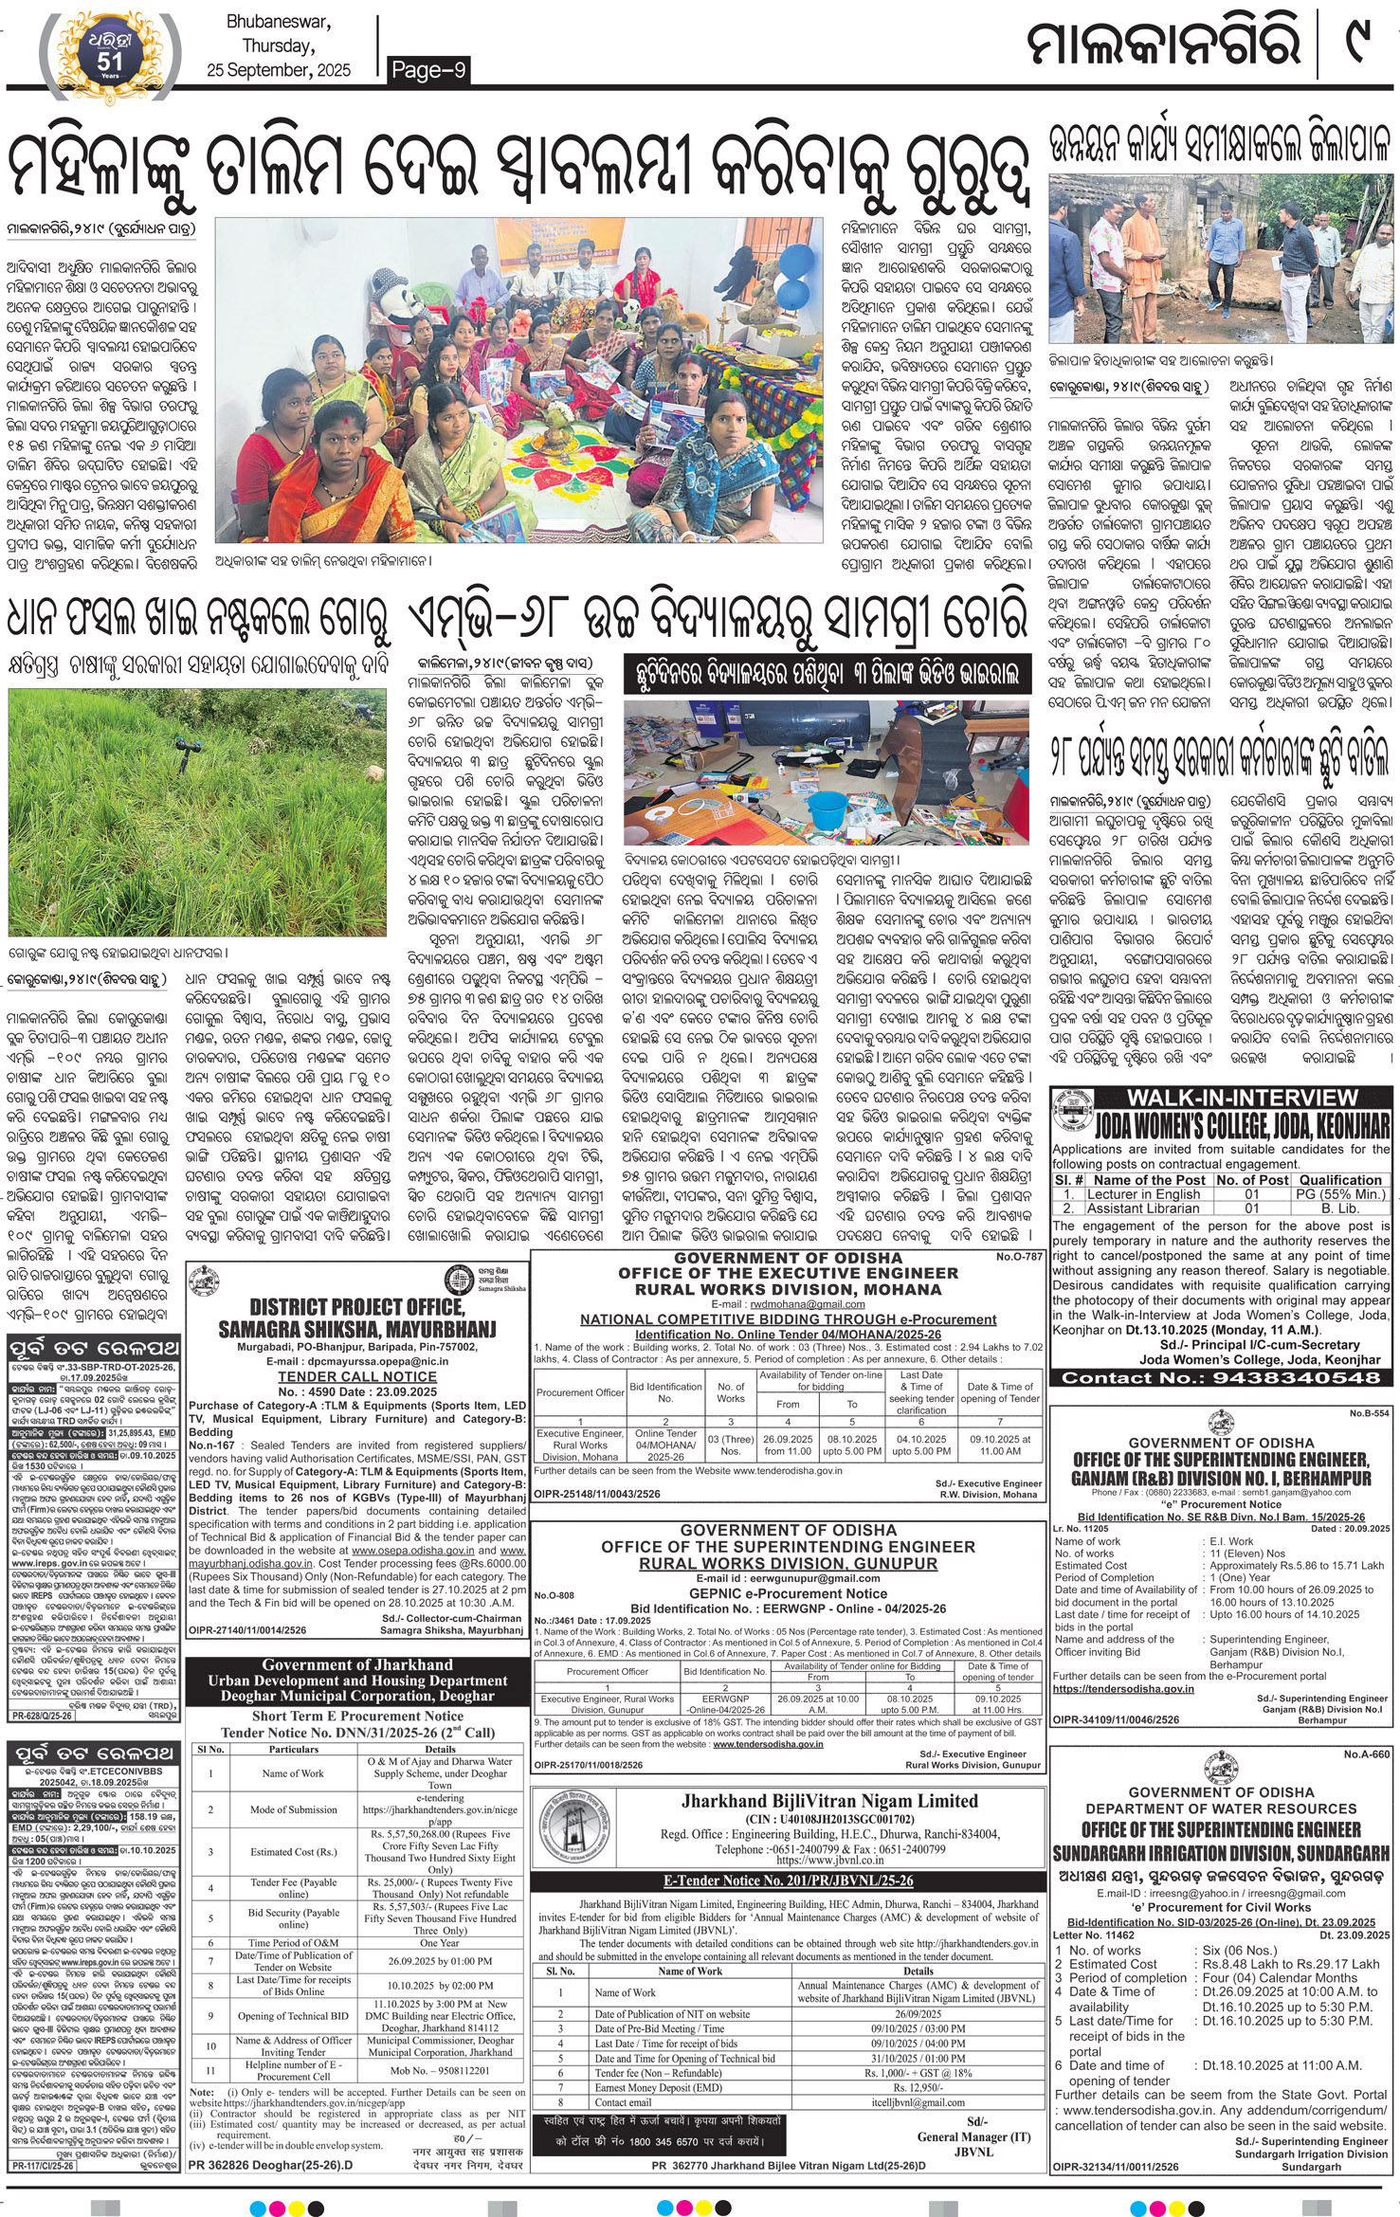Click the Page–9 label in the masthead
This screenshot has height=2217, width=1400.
tap(429, 69)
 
